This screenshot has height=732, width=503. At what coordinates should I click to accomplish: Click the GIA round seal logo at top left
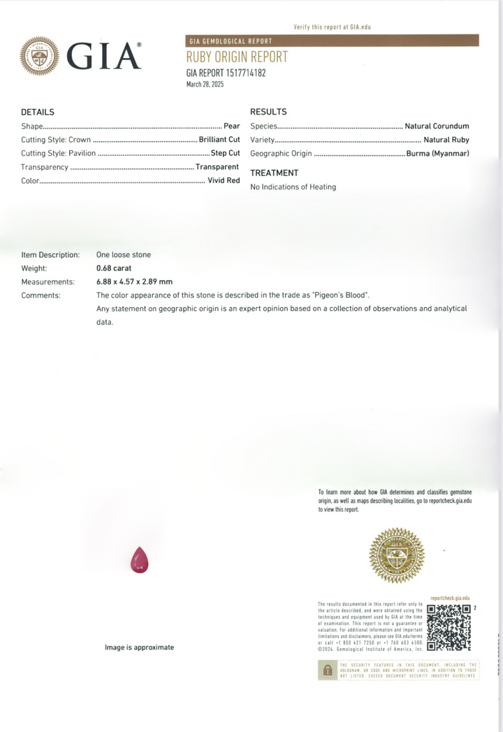[40, 56]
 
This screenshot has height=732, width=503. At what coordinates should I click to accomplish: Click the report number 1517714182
[243, 72]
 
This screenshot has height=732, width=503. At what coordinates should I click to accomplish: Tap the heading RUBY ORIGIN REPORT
[236, 57]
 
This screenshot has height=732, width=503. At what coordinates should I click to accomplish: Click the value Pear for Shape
[232, 126]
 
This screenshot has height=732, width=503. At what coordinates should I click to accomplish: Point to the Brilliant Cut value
[219, 140]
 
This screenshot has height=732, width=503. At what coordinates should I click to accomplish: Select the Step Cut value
[225, 153]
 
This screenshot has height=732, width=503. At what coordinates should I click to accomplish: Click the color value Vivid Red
[224, 180]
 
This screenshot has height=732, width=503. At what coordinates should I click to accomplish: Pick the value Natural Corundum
[437, 126]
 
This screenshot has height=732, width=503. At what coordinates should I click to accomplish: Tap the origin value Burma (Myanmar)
[438, 153]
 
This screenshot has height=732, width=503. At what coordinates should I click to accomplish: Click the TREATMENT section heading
[274, 173]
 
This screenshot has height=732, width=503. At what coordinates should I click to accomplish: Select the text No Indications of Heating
[293, 186]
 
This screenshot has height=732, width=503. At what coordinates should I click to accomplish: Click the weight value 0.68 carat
[114, 268]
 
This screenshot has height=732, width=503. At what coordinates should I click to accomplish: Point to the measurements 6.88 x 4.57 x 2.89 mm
[134, 281]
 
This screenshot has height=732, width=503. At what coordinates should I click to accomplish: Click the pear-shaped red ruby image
[139, 560]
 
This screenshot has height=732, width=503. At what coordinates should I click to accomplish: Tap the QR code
[448, 627]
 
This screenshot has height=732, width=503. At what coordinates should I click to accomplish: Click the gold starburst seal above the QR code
[397, 556]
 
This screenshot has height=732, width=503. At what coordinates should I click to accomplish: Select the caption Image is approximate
[139, 647]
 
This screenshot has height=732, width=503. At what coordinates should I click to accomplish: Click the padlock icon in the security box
[326, 670]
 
